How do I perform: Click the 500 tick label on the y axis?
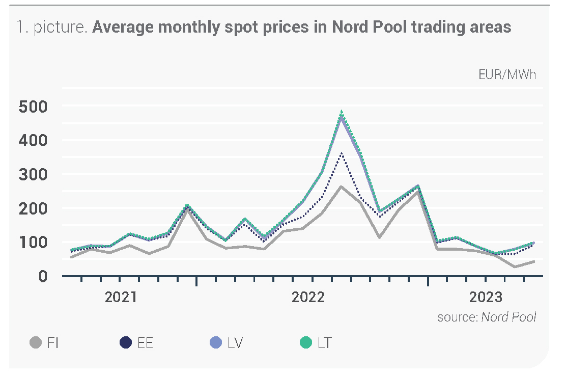(x=33, y=106)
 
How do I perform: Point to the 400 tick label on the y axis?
(x=33, y=140)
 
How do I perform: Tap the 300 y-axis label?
(x=33, y=174)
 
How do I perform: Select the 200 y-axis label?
(x=33, y=208)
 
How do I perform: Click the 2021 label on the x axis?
(x=121, y=297)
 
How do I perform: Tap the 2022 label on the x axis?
(x=308, y=297)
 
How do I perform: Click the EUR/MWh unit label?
(x=507, y=75)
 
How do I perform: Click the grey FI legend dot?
(x=35, y=343)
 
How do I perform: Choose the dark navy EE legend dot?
(x=125, y=343)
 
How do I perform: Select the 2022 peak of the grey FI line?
(x=342, y=186)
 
